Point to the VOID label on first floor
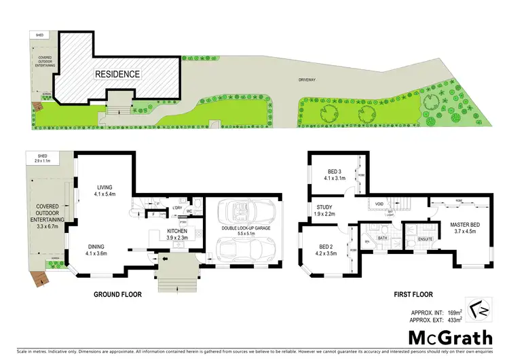tap(379, 203)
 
